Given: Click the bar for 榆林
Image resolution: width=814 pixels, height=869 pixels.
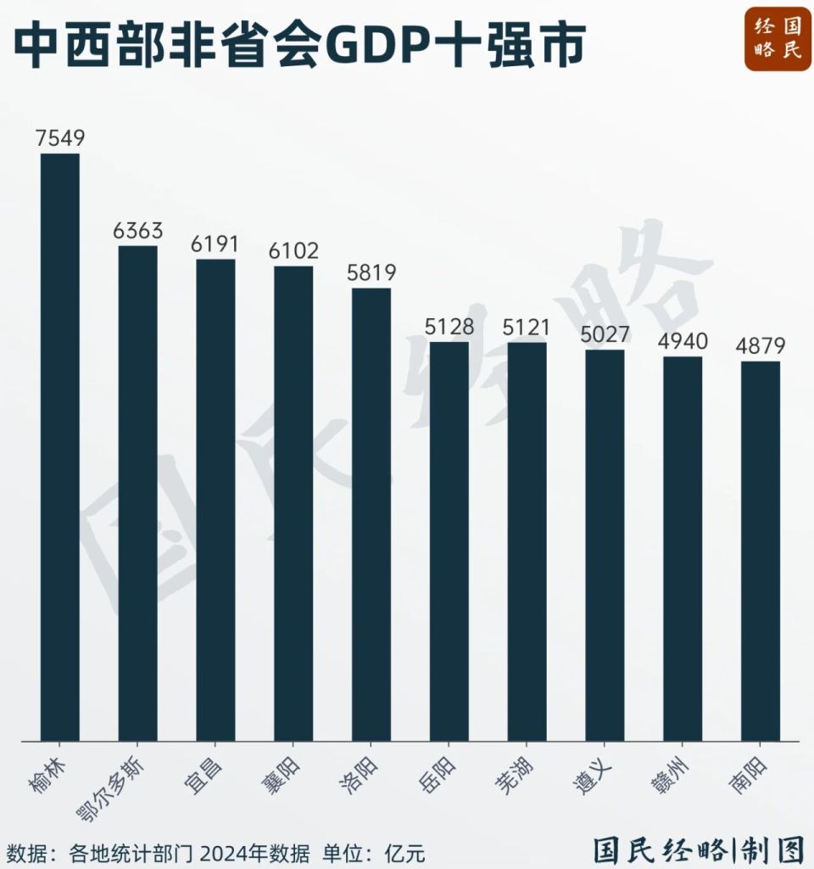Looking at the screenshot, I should tap(60, 446).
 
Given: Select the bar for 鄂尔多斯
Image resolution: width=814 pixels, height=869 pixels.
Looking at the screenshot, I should tap(137, 493).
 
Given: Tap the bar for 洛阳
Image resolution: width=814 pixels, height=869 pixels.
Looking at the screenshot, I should tap(371, 514).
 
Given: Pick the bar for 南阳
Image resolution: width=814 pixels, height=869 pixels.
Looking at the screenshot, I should tap(761, 551).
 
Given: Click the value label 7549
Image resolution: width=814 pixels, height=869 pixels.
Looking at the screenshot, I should tap(60, 138).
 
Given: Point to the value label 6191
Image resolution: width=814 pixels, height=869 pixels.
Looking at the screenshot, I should tap(215, 244).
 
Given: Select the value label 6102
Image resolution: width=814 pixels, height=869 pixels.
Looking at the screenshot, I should tap(293, 251).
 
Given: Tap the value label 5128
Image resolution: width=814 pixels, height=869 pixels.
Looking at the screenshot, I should tap(449, 327).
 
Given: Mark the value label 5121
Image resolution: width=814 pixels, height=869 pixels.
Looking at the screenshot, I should tap(527, 327).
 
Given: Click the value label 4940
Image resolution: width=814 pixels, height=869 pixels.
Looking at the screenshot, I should tap(683, 341).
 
